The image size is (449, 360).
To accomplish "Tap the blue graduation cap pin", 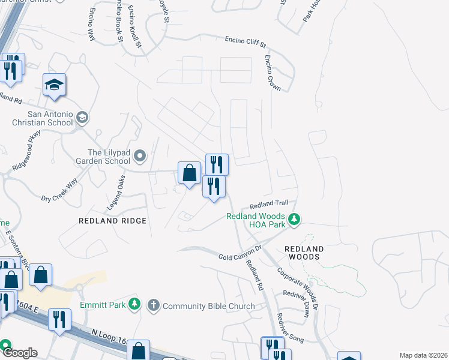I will point(54,85).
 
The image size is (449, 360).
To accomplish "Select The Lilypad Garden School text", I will point(100,157).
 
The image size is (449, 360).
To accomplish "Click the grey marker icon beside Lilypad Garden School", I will point(140,157).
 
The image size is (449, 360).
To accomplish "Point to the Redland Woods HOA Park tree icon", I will point(294,220).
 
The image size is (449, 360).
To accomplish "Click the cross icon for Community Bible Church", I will point(153,305).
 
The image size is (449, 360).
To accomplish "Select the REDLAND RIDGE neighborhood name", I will point(112,221).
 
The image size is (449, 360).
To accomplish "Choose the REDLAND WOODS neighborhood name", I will point(304,253).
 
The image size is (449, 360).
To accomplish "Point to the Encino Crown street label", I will point(273,73).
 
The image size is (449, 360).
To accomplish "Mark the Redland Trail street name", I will point(273,205).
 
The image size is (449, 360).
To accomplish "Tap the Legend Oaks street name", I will point(116,192).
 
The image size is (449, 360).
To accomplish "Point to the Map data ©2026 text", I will point(423,355).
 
